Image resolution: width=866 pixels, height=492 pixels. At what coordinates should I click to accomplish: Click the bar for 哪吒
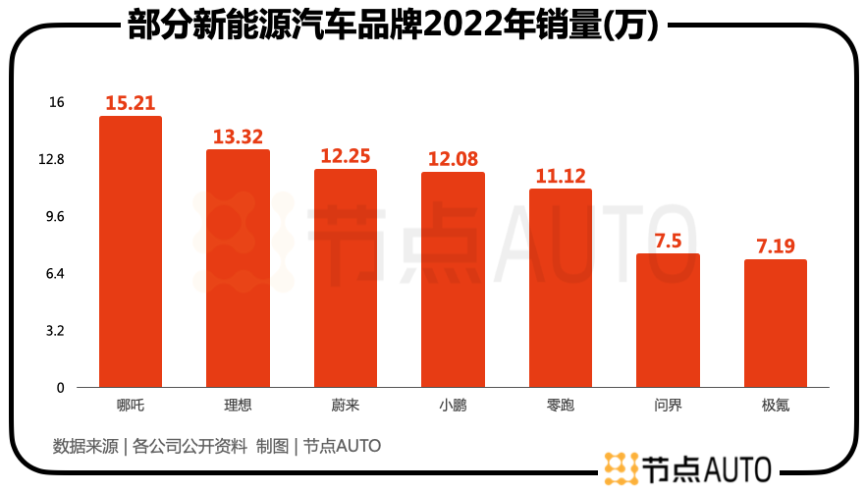(x=130, y=252)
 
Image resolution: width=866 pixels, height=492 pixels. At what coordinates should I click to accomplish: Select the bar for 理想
(x=238, y=268)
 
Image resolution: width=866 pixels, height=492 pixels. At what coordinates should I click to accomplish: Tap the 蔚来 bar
(x=346, y=278)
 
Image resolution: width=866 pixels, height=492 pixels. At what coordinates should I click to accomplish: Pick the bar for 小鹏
(x=453, y=280)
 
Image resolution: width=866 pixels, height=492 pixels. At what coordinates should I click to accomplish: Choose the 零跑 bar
(x=561, y=288)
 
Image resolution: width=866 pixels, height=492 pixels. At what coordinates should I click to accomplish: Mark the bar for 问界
(x=668, y=320)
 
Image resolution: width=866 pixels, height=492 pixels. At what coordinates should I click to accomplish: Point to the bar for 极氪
(x=776, y=323)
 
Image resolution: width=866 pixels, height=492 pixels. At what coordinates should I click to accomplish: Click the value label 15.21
(x=131, y=103)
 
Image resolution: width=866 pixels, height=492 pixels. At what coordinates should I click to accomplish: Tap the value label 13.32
(x=238, y=137)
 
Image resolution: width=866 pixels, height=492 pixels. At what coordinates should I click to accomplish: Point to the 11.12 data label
(x=561, y=176)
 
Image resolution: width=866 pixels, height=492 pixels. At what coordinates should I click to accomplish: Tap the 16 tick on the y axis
(x=56, y=102)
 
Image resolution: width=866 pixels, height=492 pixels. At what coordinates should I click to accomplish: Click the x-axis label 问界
(x=668, y=404)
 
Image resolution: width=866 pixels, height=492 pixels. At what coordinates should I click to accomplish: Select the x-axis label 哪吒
(x=130, y=404)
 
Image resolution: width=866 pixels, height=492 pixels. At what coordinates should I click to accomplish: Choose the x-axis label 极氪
(x=776, y=404)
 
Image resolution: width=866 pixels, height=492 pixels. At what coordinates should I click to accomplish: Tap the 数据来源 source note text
(x=216, y=446)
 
